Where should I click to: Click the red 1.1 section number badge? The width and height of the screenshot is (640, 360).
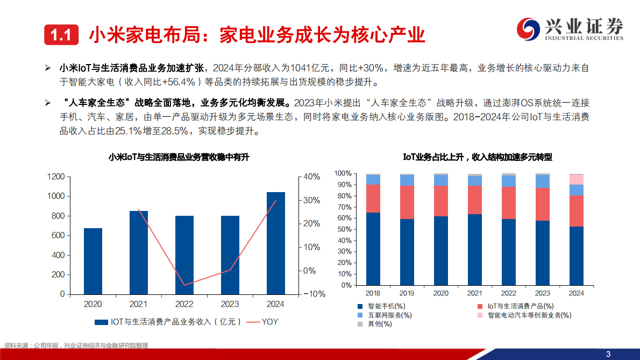[61, 36]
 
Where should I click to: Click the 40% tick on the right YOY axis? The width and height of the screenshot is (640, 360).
[312, 177]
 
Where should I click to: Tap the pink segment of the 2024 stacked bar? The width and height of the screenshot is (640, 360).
[577, 180]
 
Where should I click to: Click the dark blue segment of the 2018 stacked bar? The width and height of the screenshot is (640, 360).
[373, 249]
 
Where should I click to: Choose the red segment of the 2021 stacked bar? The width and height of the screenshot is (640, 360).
[475, 200]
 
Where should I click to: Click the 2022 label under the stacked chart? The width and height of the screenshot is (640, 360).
[509, 293]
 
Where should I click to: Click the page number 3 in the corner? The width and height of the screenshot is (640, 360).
[608, 354]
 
